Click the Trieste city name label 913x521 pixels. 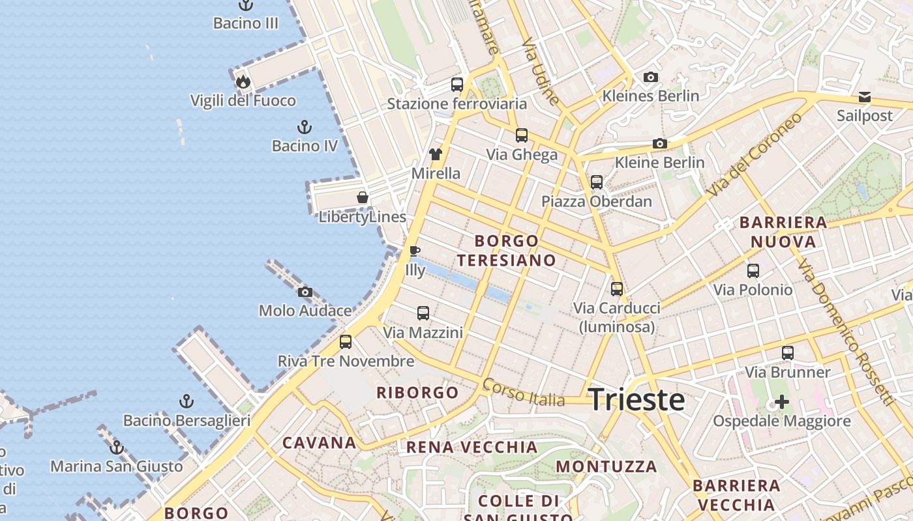click(x=636, y=399)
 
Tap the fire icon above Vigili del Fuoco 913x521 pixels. click(x=243, y=81)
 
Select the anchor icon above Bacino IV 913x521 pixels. click(x=304, y=126)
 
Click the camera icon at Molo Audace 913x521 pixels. click(x=305, y=292)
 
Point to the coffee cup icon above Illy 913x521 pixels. click(x=415, y=251)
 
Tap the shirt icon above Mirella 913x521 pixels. click(x=436, y=154)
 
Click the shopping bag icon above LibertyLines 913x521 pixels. click(x=363, y=197)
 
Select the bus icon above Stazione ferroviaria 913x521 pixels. click(x=457, y=84)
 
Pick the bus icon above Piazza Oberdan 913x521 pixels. click(x=597, y=182)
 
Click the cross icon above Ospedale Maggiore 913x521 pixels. click(x=781, y=402)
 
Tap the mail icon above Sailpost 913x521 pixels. click(x=865, y=97)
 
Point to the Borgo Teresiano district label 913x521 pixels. click(x=507, y=251)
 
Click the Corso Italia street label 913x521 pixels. click(x=523, y=392)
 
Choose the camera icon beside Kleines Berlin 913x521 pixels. click(x=650, y=77)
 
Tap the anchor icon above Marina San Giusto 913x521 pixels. click(x=117, y=447)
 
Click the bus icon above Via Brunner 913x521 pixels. click(x=788, y=353)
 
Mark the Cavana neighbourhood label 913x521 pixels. click(x=319, y=443)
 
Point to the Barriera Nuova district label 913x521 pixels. click(x=783, y=232)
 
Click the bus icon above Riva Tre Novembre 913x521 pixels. click(x=346, y=341)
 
